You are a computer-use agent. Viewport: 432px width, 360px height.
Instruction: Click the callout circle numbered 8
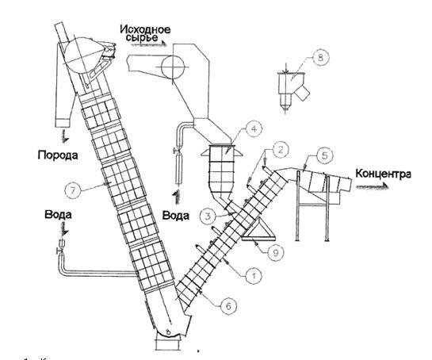point(320,58)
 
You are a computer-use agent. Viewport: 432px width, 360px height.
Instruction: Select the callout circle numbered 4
point(254,129)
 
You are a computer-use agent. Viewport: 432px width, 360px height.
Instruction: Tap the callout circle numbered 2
point(281,150)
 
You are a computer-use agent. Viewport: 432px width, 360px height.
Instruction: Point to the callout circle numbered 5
point(324,155)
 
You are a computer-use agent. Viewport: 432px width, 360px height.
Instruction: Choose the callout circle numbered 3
point(208,216)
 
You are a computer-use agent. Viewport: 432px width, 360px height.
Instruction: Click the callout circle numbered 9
point(275,252)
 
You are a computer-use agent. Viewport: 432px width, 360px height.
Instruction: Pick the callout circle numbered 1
point(254,276)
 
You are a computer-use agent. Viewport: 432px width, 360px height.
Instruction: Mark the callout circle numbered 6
point(228,306)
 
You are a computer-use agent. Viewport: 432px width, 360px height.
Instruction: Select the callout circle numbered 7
point(73,190)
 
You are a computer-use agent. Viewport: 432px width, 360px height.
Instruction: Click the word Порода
point(58,155)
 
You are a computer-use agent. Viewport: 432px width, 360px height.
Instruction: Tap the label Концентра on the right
point(383,174)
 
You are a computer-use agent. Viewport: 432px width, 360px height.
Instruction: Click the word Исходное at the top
point(145,29)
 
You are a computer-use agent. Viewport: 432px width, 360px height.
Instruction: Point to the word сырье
point(142,38)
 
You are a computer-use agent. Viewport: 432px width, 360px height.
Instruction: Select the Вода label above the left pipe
point(58,214)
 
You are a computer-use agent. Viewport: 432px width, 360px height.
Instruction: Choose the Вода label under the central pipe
point(176,215)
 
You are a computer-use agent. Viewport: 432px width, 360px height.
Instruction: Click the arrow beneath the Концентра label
point(373,186)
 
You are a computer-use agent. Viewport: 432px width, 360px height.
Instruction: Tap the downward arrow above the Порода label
point(65,136)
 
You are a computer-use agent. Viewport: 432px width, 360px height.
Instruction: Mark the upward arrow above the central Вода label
point(176,197)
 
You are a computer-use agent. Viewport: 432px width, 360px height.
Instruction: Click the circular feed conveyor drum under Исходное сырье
point(173,67)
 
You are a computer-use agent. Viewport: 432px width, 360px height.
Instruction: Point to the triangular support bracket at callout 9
point(258,231)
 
